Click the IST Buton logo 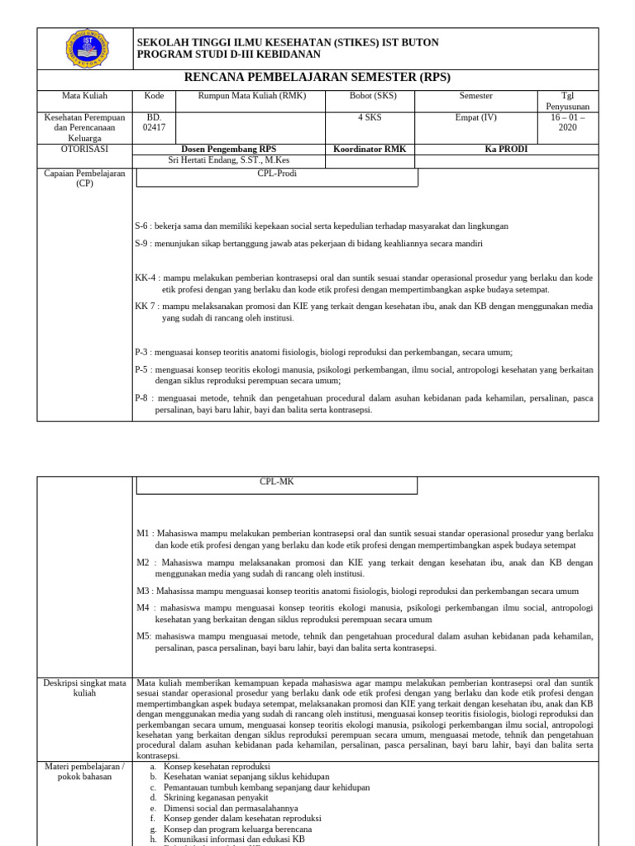click(x=86, y=49)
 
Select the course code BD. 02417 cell click(x=154, y=122)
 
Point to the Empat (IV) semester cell click(x=475, y=117)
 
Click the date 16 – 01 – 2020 click(x=567, y=122)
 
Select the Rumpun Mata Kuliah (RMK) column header click(x=251, y=96)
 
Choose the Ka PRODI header click(x=506, y=150)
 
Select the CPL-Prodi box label click(x=277, y=174)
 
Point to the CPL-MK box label click(x=277, y=482)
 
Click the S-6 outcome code click(x=141, y=226)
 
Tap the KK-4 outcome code click(x=146, y=278)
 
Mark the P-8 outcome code click(x=141, y=398)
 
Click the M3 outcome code click(x=143, y=591)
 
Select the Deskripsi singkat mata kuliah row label click(x=84, y=688)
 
